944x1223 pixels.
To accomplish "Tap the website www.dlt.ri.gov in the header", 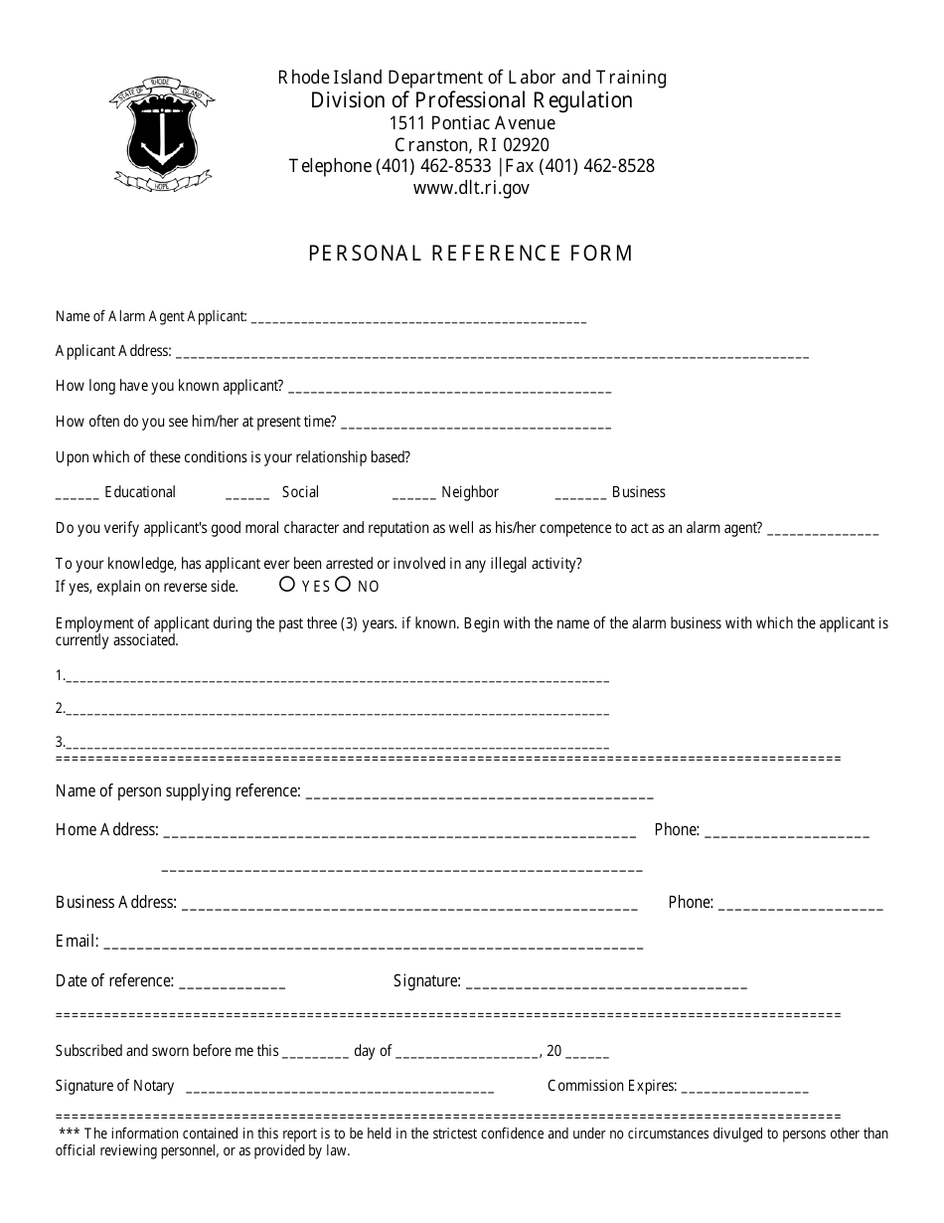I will [471, 188].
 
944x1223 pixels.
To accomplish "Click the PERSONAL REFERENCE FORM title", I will [471, 253].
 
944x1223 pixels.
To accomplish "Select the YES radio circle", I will [287, 585].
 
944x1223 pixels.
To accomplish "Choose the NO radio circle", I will [343, 585].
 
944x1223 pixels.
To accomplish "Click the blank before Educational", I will [77, 494].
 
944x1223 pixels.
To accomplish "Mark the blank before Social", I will [247, 494].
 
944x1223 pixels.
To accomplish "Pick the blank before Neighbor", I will [413, 494].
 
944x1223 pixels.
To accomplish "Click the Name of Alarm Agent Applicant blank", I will [418, 319].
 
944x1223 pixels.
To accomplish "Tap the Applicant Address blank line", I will [492, 353].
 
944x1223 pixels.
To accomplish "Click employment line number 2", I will [338, 711].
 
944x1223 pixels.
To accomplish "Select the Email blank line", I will [373, 944].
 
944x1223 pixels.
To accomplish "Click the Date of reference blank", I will [233, 983].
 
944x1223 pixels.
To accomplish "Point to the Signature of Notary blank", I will [339, 1089].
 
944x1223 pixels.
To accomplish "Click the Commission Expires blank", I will [745, 1089].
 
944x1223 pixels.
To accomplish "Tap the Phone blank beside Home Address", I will [786, 832].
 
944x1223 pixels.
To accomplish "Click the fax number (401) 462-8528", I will [595, 166].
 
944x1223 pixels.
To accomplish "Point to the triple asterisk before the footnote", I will [69, 1134].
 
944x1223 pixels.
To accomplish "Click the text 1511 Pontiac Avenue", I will [472, 123].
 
